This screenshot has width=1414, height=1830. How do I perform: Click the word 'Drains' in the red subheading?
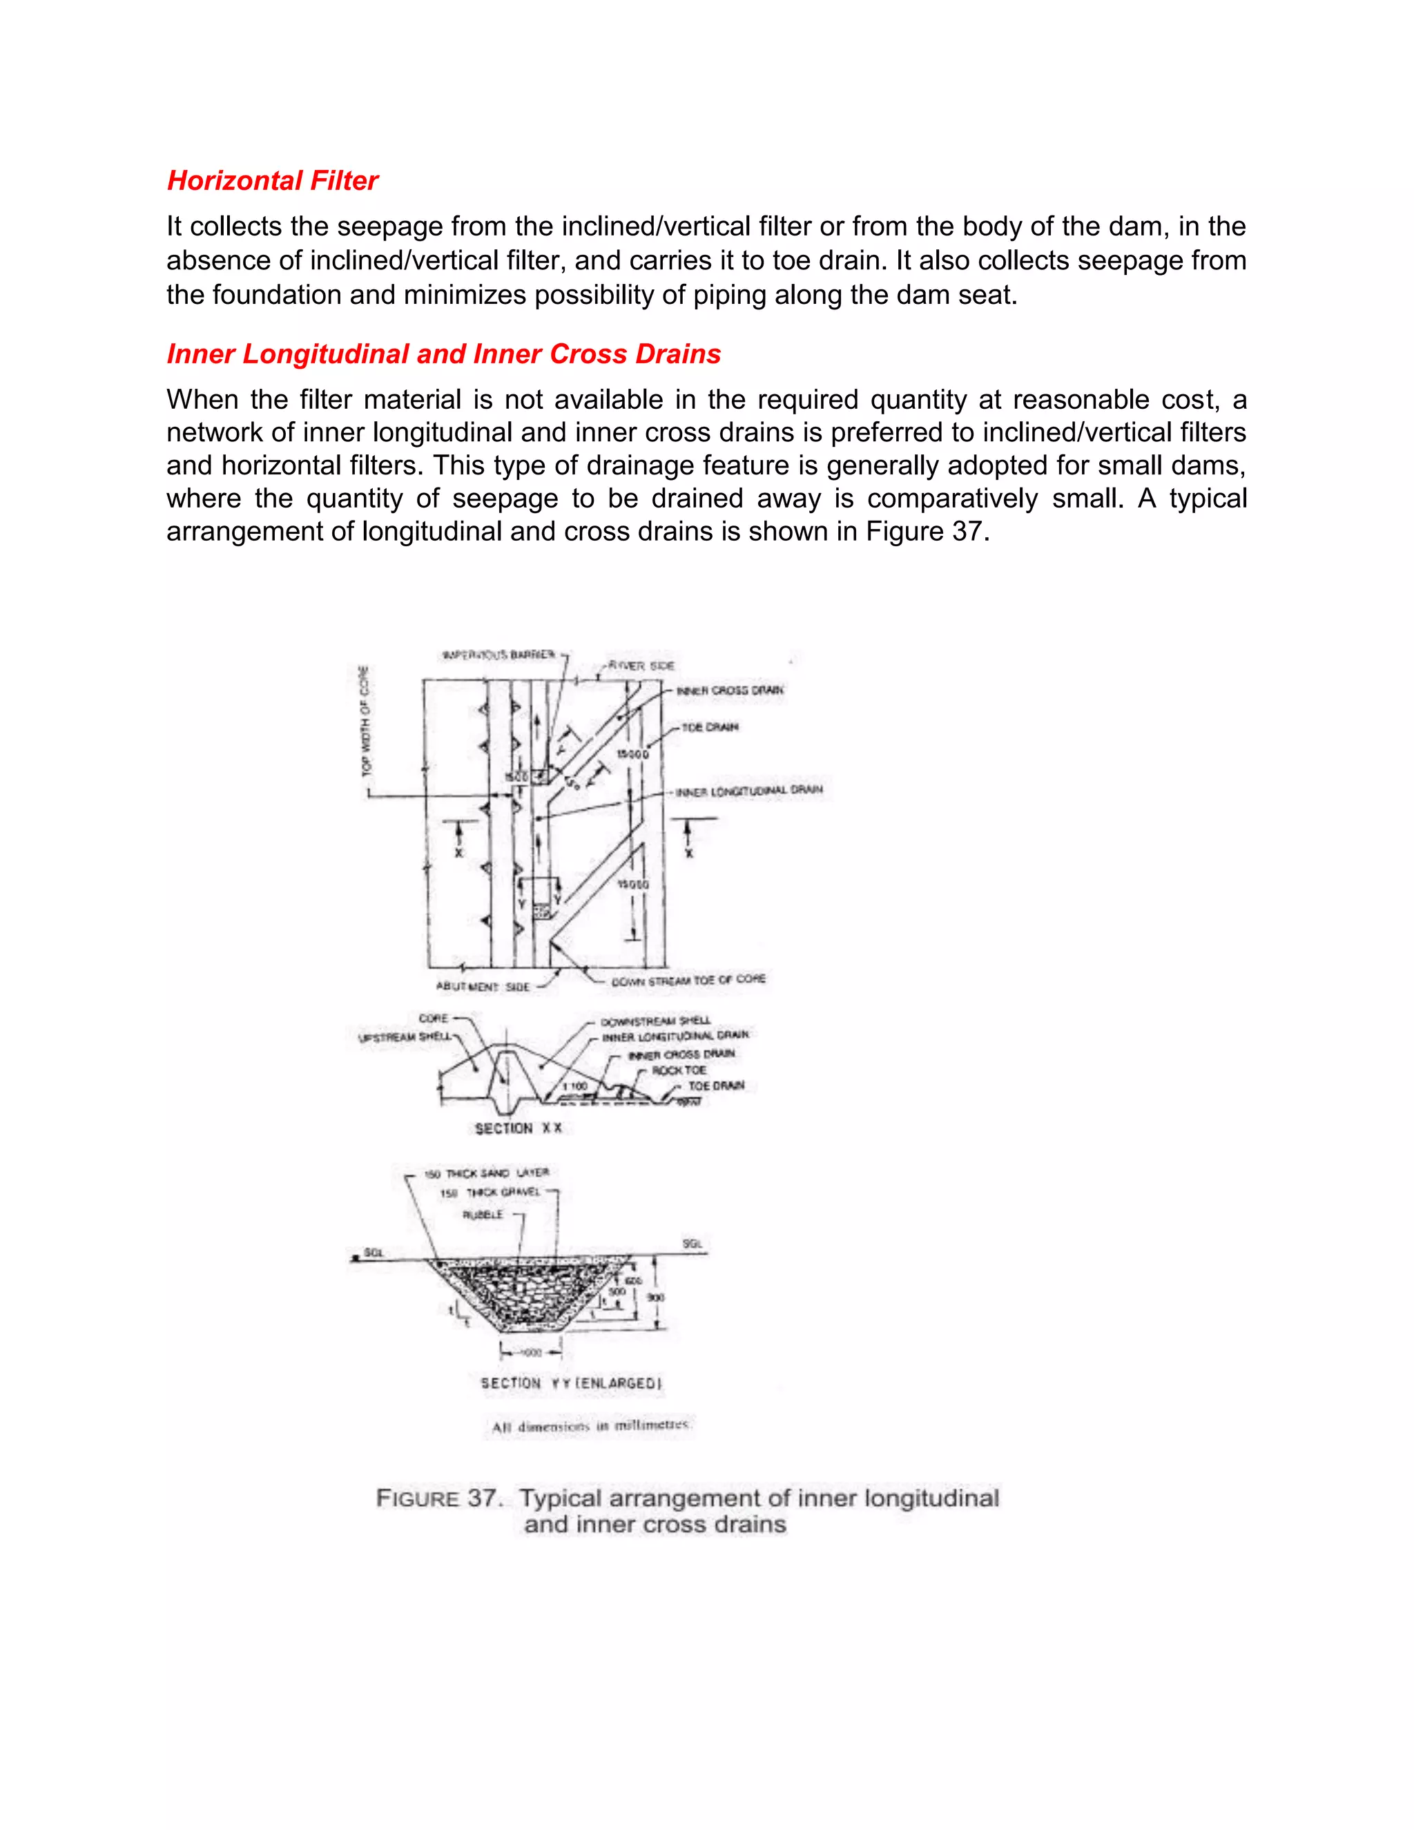pyautogui.click(x=677, y=354)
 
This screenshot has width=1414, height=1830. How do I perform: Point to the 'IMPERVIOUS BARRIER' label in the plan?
pyautogui.click(x=498, y=655)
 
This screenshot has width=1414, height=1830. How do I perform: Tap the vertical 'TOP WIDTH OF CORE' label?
pyautogui.click(x=365, y=720)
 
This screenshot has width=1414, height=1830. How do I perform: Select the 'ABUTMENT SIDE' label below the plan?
pyautogui.click(x=483, y=987)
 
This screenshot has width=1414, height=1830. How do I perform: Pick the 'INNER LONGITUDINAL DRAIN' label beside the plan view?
pyautogui.click(x=749, y=790)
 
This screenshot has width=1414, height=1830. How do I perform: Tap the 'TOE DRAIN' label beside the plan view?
pyautogui.click(x=710, y=727)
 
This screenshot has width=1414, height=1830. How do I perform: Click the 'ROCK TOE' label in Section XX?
pyautogui.click(x=679, y=1070)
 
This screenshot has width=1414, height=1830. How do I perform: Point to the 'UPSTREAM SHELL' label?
pyautogui.click(x=404, y=1037)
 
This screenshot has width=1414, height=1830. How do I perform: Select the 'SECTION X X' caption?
pyautogui.click(x=518, y=1128)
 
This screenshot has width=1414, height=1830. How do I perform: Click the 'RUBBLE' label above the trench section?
pyautogui.click(x=483, y=1214)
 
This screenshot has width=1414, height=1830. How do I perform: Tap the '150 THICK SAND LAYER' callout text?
pyautogui.click(x=486, y=1173)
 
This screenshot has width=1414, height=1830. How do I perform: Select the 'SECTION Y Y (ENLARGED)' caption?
pyautogui.click(x=570, y=1383)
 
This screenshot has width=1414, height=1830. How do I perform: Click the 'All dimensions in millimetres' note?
pyautogui.click(x=590, y=1426)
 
